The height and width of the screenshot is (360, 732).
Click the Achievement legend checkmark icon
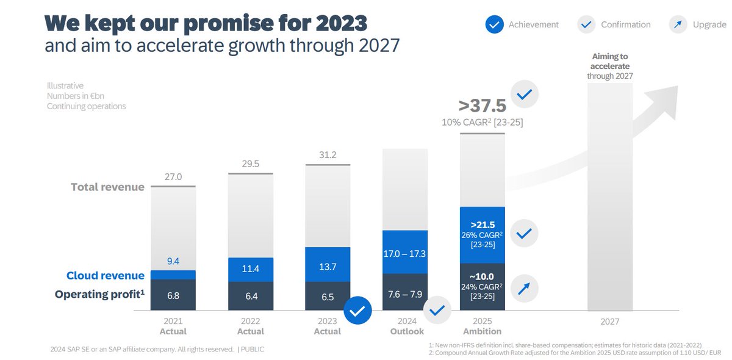494,24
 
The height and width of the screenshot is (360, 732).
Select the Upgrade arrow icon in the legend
678,24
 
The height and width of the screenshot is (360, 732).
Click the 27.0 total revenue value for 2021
173,178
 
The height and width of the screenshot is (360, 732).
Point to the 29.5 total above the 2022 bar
250,165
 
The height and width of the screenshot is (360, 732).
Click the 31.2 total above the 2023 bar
328,156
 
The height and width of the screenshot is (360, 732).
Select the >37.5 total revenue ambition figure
482,106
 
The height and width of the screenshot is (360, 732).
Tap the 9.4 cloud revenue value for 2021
173,262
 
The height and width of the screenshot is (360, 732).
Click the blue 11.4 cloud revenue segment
250,268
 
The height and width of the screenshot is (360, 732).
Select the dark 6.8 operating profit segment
173,295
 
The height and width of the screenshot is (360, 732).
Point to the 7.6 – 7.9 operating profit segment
404,292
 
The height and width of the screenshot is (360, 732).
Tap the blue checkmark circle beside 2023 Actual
358,311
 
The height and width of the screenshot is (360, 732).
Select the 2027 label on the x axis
609,322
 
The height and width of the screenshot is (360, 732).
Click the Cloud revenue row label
106,275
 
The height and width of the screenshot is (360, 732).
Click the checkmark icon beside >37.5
524,95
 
